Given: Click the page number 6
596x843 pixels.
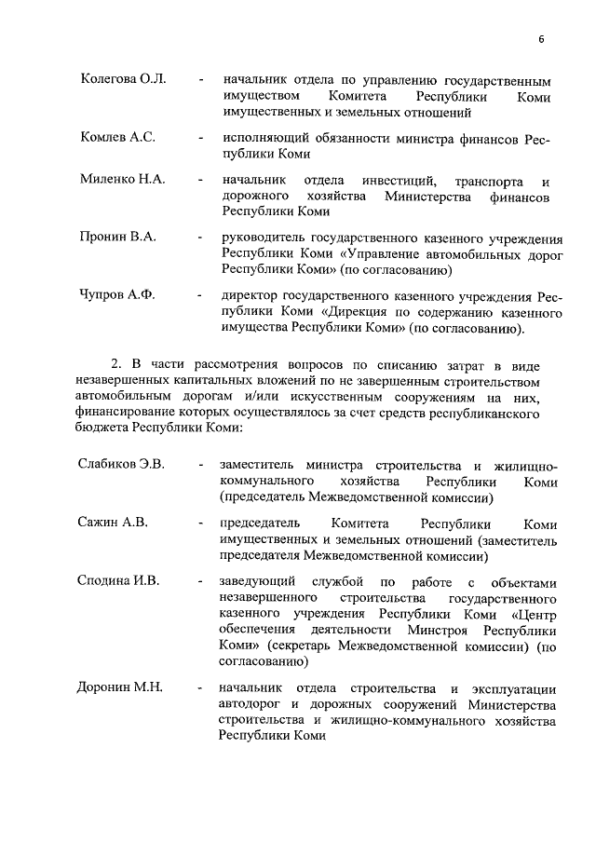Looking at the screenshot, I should (540, 38).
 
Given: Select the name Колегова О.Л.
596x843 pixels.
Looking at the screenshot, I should (123, 78).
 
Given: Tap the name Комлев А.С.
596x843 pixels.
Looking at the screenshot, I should (117, 137).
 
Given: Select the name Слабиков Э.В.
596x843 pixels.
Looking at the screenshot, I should (120, 464).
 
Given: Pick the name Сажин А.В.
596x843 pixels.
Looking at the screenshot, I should (112, 523).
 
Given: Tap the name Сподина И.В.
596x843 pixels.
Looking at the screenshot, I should (118, 581).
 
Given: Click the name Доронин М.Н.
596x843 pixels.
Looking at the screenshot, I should (120, 687).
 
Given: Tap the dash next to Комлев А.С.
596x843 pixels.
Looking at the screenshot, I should (201, 138).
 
